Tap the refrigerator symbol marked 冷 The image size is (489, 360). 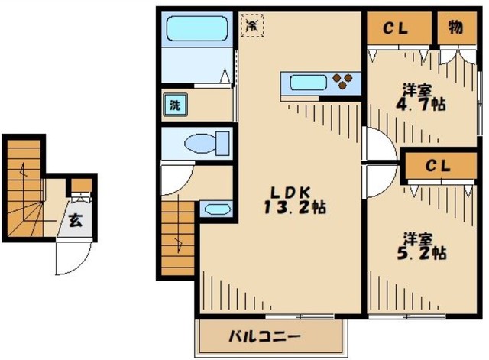point(251,24)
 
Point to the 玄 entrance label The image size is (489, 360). point(77,221)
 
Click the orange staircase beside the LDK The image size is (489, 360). point(177,237)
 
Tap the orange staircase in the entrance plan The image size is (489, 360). point(23,191)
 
